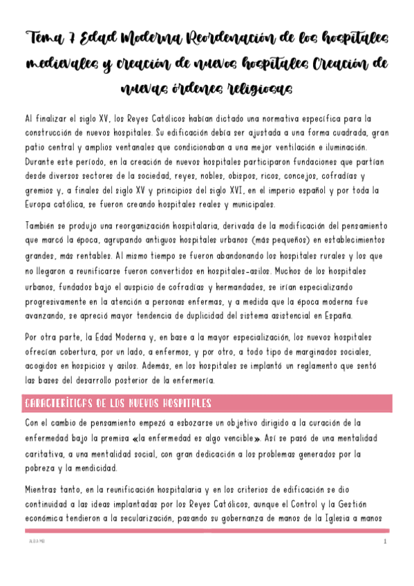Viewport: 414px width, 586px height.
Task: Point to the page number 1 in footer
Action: (x=386, y=542)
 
